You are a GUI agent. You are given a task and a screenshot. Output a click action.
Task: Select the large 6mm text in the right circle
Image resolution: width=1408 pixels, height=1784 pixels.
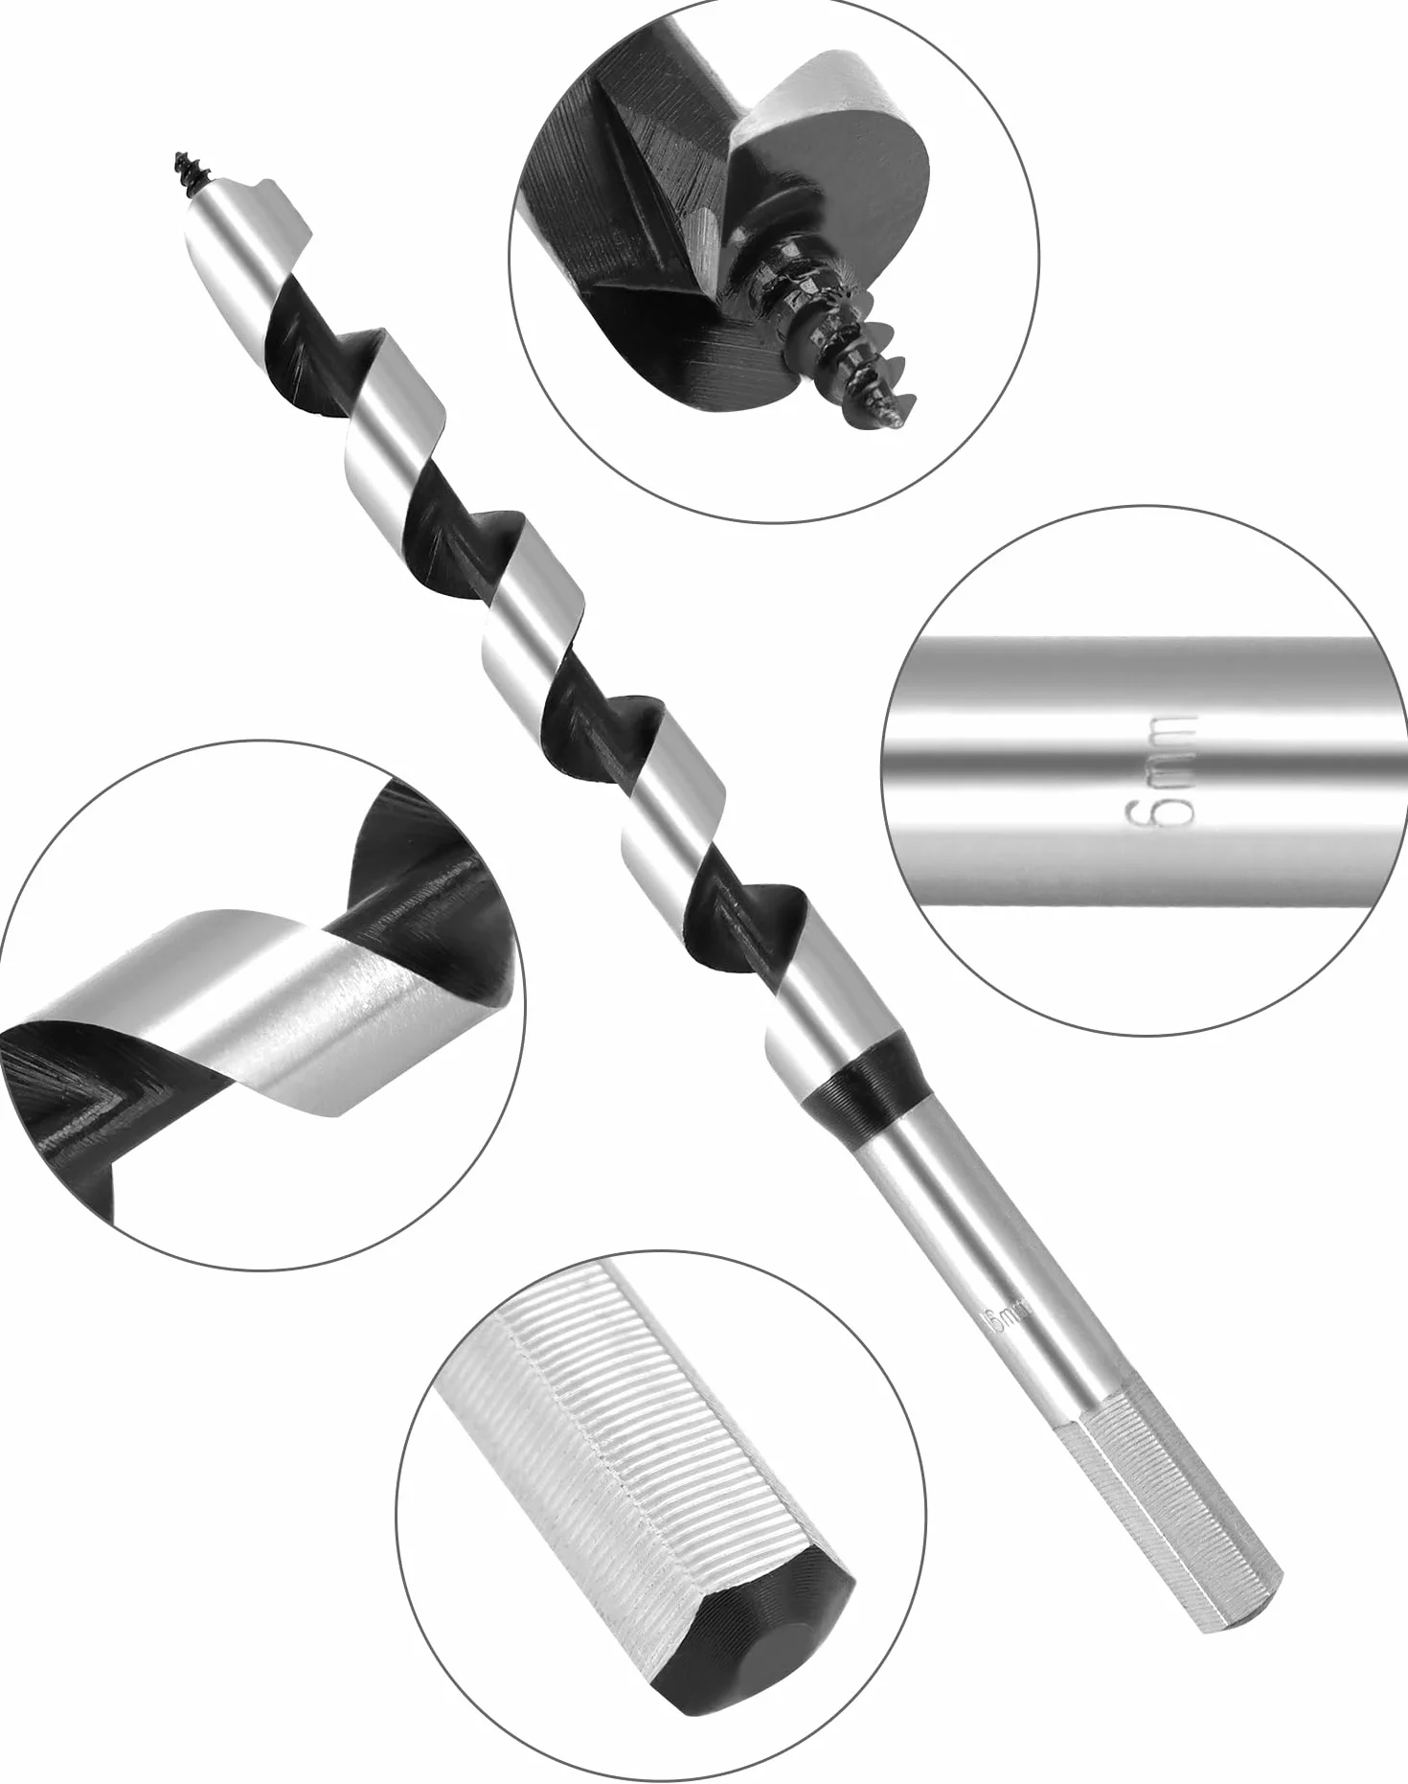coord(1162,769)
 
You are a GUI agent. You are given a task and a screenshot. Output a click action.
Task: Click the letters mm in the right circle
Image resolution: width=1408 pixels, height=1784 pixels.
coord(1162,743)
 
